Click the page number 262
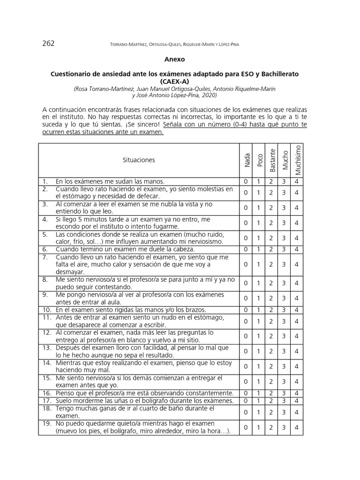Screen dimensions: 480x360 (x=48, y=44)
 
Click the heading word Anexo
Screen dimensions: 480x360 (x=174, y=60)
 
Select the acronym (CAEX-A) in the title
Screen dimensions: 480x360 (x=174, y=82)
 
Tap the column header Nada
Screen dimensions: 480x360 (x=247, y=160)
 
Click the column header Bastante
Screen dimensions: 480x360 (x=271, y=160)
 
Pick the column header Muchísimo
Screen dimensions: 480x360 (x=297, y=159)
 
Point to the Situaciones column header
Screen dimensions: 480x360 (x=138, y=160)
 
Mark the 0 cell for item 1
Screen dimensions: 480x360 (x=245, y=181)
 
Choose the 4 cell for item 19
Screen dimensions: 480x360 (x=297, y=427)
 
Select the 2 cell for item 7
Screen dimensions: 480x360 (x=271, y=264)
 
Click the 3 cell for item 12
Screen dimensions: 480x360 (x=284, y=336)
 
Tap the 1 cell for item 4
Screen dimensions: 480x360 (x=258, y=223)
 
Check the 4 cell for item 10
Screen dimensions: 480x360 (x=297, y=310)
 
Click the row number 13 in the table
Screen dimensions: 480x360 (x=46, y=348)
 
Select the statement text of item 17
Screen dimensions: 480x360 (x=144, y=401)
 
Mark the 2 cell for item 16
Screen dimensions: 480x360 (x=271, y=393)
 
